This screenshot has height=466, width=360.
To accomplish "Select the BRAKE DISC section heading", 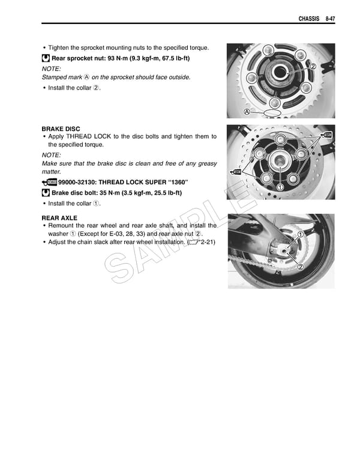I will [x=61, y=129].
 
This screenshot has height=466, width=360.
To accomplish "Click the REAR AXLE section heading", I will [x=59, y=217].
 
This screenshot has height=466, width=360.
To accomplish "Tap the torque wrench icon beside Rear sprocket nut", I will [x=46, y=58].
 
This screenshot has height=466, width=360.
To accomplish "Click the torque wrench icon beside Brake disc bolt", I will [x=46, y=193].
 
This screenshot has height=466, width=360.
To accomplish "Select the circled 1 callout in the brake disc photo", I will [x=280, y=187].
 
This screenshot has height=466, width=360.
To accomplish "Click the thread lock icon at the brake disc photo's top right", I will [x=328, y=133].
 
